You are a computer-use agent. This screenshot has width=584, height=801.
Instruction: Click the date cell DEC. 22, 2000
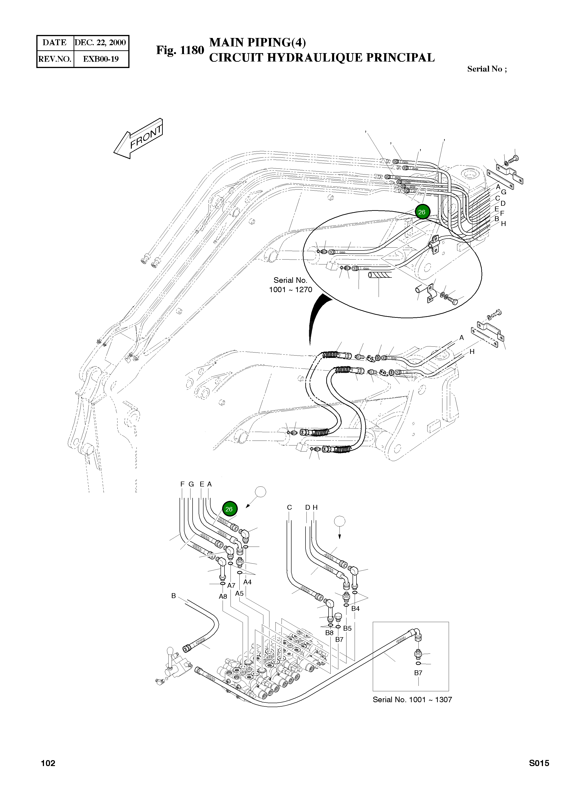pos(100,43)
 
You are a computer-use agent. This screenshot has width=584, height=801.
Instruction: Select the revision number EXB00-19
pos(101,59)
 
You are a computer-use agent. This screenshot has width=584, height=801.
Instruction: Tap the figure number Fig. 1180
pos(180,50)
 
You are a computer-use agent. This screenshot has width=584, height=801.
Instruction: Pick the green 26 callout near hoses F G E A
pos(229,509)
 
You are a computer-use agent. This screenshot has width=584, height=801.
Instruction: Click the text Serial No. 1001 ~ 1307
pos(412,699)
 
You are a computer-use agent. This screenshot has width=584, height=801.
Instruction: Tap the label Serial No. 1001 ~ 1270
pos(291,285)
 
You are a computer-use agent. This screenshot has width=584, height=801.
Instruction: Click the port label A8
pos(223,596)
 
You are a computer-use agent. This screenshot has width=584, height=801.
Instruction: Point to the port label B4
pos(355,609)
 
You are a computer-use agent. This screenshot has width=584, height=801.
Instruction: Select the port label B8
pos(329,633)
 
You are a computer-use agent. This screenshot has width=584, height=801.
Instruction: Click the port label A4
pos(248,582)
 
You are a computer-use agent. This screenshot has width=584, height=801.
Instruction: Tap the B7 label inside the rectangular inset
pos(418,673)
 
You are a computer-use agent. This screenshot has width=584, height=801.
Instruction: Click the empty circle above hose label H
pos(339,521)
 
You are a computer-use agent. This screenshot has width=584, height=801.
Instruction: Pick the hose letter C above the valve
pos(289,507)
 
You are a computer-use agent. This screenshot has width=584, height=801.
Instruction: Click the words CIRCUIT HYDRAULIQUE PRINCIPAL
pos(322,58)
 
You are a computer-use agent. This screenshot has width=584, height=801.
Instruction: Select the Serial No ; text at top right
pos(487,69)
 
